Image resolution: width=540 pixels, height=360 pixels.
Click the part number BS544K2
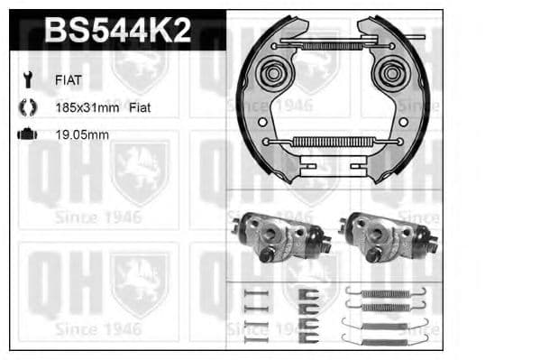[x=117, y=32]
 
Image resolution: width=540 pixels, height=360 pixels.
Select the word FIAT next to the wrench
[x=69, y=79]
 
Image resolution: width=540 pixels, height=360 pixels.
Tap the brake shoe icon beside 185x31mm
[x=27, y=107]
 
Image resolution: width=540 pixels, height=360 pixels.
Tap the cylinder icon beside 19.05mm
[x=27, y=134]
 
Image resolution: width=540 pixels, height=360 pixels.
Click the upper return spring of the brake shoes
[x=325, y=45]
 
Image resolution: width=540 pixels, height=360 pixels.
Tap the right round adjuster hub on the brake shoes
[x=394, y=72]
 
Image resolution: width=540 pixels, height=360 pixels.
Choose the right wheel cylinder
[x=386, y=237]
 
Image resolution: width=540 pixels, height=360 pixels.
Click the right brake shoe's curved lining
[x=425, y=99]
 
